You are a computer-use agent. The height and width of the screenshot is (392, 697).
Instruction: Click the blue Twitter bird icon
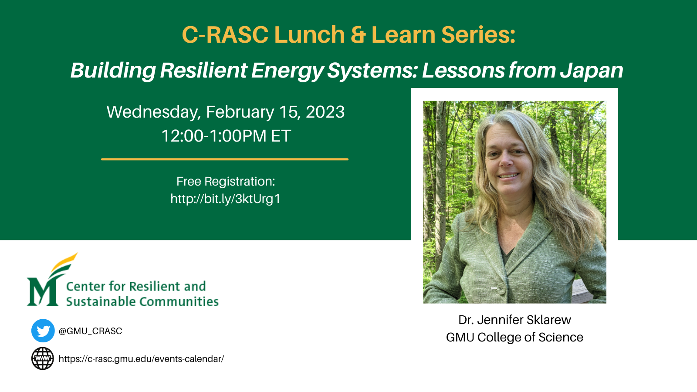[x=43, y=331]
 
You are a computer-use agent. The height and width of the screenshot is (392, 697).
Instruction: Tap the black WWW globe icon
[x=43, y=358]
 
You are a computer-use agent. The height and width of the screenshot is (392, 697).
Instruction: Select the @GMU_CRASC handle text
[x=90, y=331]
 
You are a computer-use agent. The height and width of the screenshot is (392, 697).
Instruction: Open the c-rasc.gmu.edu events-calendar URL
[x=141, y=359]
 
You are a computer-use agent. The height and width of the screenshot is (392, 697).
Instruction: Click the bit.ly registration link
[x=225, y=199]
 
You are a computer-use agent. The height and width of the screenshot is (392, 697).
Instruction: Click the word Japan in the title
[x=592, y=70]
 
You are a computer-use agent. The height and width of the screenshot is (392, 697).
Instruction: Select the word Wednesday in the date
[x=154, y=112]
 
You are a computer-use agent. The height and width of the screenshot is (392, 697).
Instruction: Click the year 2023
[x=325, y=112]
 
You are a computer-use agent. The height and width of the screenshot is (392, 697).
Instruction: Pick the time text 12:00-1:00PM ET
[x=226, y=136]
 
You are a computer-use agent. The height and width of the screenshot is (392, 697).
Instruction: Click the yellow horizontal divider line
[x=225, y=159]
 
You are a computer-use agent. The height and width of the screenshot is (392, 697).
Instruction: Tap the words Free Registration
[x=226, y=181]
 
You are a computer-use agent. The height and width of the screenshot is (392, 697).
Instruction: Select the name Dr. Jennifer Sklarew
[x=514, y=320]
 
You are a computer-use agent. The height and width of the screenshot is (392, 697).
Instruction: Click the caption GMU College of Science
[x=514, y=338]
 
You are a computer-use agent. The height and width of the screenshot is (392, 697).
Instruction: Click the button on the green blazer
[x=501, y=289]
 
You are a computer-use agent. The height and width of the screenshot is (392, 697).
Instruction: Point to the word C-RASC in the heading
[x=225, y=34]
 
